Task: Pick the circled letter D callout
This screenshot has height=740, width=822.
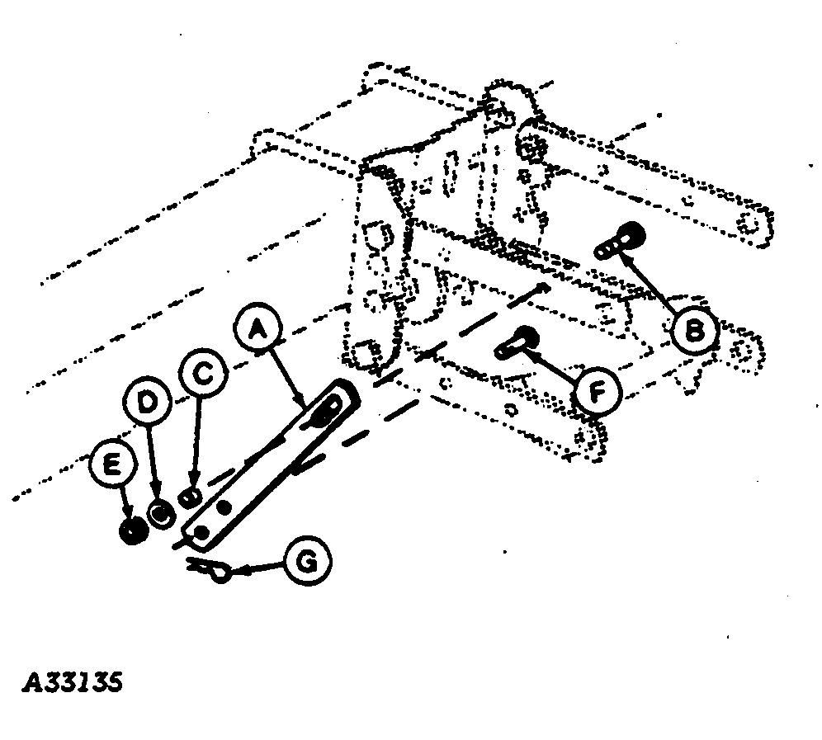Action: click(148, 403)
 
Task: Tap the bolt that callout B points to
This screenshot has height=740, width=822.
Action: click(621, 241)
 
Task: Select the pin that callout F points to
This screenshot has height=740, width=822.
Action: click(517, 342)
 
